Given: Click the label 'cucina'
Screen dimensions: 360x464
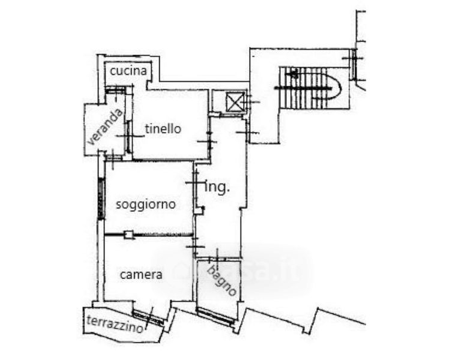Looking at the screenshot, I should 128,71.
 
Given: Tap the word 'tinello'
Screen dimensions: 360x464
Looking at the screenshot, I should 163,128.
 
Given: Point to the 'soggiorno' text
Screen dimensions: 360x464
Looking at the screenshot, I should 146,204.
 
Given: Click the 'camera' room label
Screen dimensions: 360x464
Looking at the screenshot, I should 141,275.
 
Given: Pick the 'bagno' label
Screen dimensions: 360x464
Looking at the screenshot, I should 221,280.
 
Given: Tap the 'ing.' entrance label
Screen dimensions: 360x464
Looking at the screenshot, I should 217,187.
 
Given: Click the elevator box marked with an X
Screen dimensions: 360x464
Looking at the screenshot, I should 235,102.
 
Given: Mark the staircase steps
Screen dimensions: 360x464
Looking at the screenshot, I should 306,88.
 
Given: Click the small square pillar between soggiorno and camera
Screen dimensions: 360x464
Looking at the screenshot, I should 128,235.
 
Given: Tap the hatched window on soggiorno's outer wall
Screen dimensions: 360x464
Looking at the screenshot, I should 101,199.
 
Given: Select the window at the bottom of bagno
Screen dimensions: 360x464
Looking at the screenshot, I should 215,316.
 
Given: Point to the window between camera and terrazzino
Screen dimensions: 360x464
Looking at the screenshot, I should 148,317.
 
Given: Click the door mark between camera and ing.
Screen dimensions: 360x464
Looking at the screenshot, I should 195,245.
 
